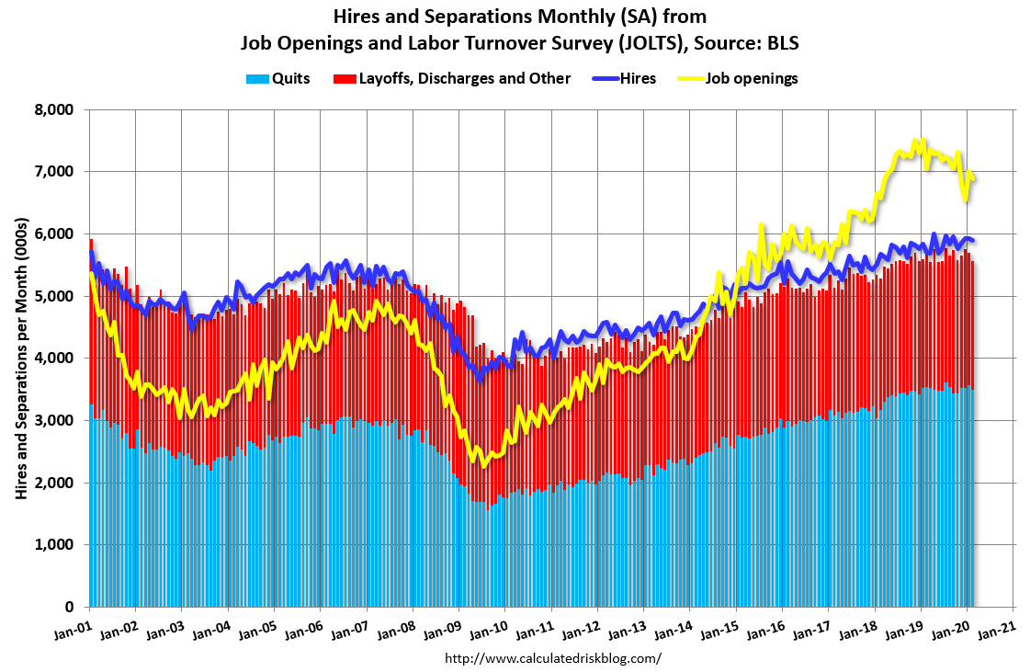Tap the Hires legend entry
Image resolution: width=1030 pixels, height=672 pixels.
tap(637, 78)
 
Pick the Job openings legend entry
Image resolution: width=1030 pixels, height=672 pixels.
tap(751, 78)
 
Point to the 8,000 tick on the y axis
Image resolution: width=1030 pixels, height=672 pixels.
tap(53, 109)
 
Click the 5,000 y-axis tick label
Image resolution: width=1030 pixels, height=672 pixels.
tap(53, 296)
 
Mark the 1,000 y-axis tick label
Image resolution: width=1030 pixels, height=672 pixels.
tap(53, 545)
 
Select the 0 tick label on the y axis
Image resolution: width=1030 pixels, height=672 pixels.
tap(68, 608)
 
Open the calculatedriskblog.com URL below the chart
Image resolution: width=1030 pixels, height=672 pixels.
tap(553, 658)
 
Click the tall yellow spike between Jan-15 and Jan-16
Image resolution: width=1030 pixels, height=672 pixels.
tap(761, 225)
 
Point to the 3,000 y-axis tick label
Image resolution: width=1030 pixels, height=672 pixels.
tap(53, 420)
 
